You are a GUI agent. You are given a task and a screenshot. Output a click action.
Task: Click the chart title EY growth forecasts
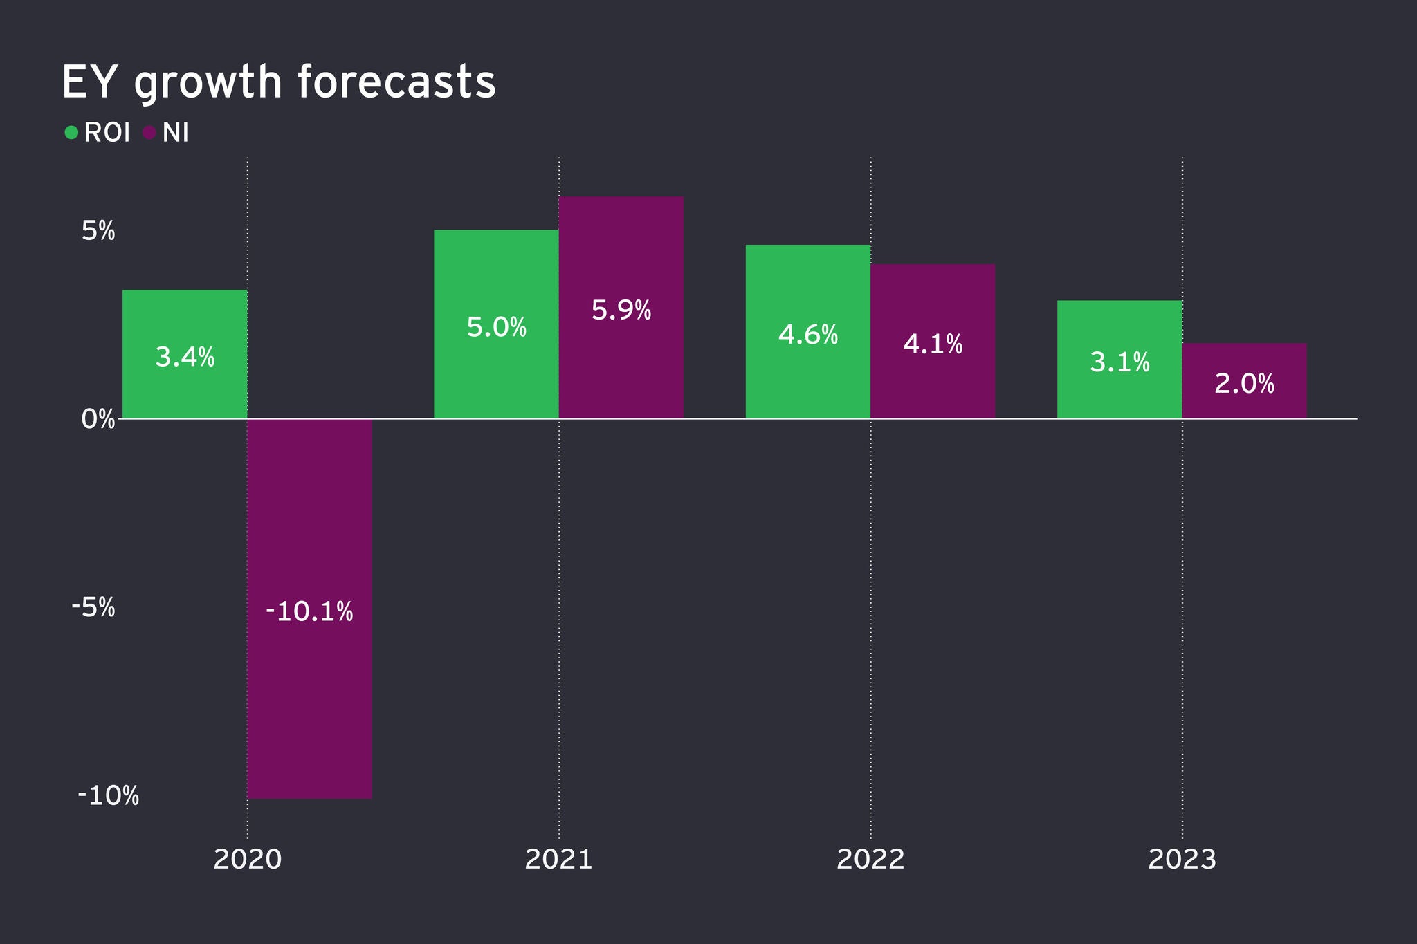[278, 83]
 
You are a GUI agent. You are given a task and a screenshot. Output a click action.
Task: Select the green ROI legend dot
[71, 132]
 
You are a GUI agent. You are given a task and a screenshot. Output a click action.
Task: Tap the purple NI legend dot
[149, 132]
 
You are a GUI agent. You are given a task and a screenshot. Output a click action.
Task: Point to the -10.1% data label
[309, 611]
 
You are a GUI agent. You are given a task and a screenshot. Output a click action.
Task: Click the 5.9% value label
[621, 311]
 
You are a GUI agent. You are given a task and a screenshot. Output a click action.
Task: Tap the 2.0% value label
[1244, 384]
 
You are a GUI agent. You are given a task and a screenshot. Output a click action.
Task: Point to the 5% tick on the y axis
[98, 231]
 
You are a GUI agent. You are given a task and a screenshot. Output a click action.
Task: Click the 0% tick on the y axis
[98, 419]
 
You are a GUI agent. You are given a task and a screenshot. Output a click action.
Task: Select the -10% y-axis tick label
[108, 796]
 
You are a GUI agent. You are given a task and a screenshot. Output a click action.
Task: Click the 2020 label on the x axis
[248, 860]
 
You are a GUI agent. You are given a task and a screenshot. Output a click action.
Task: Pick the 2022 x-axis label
[870, 860]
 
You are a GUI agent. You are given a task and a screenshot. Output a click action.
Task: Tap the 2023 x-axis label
[1182, 860]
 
